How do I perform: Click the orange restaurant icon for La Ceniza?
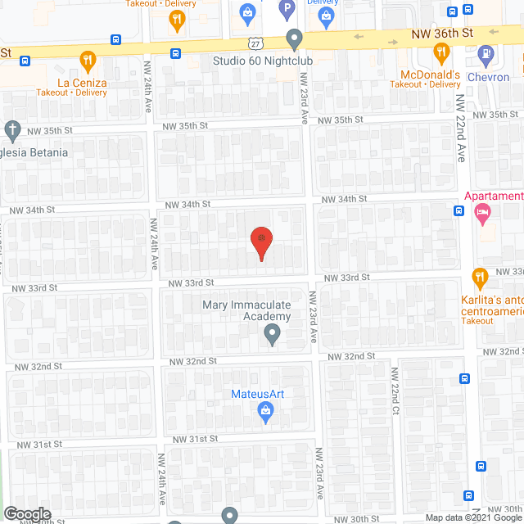coord(88,60)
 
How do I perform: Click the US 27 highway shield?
coord(257,40)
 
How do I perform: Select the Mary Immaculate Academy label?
coord(246,311)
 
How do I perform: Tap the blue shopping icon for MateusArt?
coord(265,414)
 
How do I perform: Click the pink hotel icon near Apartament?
coord(482,215)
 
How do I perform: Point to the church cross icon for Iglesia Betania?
coord(12,130)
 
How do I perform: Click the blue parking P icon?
coord(287,11)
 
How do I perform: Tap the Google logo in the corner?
coord(27,514)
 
